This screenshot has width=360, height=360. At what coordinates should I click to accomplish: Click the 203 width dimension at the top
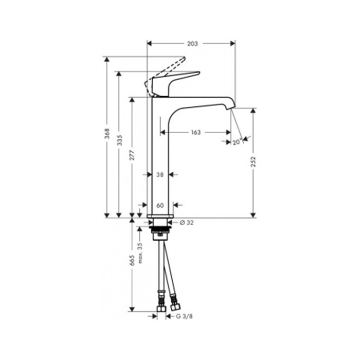(192, 44)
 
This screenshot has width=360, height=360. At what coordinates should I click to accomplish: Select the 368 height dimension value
(107, 134)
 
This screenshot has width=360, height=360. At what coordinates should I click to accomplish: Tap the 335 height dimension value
(120, 140)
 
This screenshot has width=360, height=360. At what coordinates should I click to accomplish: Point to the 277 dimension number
(133, 155)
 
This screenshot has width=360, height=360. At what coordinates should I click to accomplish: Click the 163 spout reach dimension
(196, 133)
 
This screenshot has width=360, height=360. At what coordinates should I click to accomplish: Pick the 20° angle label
(237, 142)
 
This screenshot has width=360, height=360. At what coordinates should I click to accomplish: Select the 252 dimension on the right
(253, 161)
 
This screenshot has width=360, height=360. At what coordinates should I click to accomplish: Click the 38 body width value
(160, 175)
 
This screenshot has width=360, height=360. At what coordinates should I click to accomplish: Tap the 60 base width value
(160, 206)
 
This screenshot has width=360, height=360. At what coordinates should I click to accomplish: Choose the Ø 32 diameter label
(187, 223)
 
